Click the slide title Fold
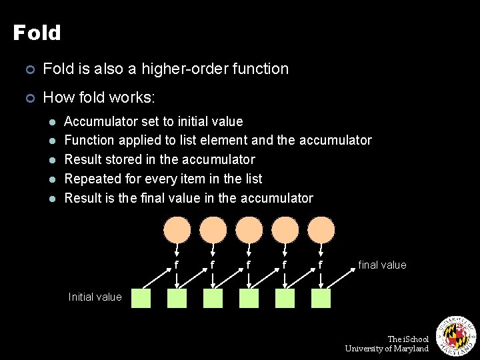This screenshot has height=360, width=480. click(x=37, y=33)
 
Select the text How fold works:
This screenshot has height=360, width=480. click(x=99, y=98)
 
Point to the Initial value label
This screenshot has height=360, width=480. click(x=95, y=297)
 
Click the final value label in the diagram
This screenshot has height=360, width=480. click(x=382, y=265)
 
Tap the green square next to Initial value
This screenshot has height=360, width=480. click(x=141, y=298)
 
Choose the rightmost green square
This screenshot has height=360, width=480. click(x=321, y=298)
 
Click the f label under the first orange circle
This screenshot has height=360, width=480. click(x=176, y=265)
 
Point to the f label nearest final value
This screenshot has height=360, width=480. click(x=320, y=265)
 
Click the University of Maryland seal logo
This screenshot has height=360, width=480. click(x=455, y=335)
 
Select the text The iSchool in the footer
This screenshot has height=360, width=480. click(x=408, y=339)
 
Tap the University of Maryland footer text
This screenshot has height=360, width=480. click(x=387, y=349)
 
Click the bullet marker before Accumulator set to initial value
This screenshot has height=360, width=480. click(x=52, y=122)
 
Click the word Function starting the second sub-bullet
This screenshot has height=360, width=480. click(x=89, y=140)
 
